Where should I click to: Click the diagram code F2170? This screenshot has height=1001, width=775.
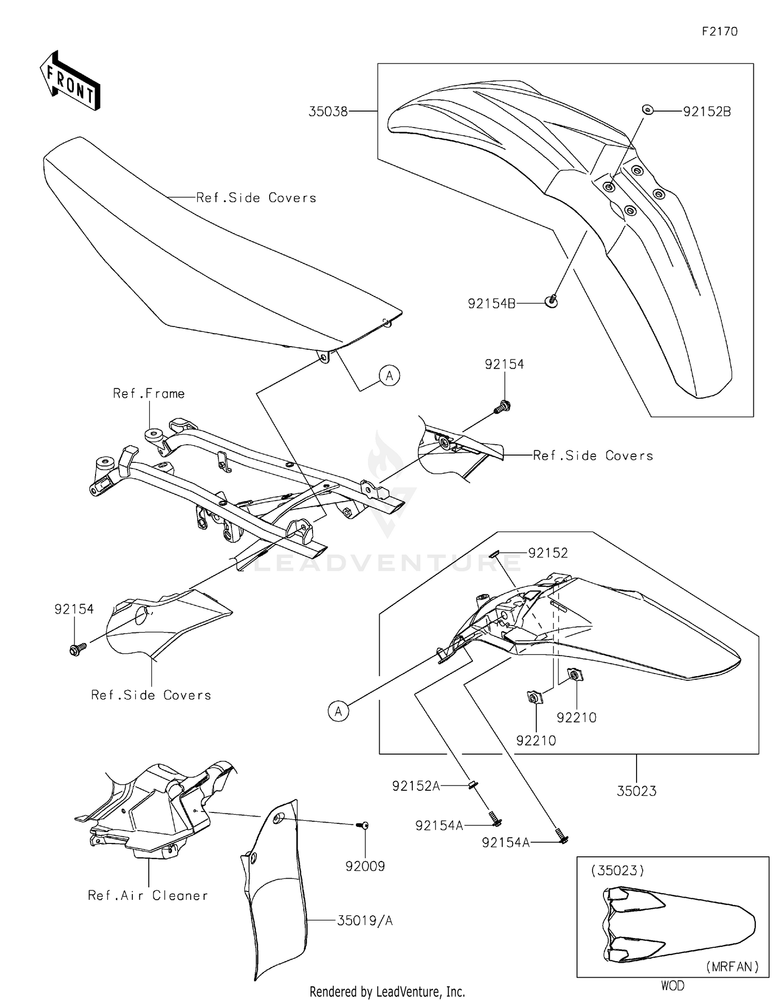[719, 32]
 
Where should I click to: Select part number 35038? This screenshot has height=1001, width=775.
[328, 111]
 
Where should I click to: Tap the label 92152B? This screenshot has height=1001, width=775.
[706, 112]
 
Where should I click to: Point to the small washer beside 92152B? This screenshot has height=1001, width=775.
[647, 110]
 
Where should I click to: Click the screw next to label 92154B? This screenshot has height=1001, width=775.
[551, 301]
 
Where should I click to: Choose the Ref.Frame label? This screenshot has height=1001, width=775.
[149, 394]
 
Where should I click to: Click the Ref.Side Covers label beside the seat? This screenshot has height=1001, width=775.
[256, 198]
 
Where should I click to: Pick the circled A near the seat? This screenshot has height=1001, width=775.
[390, 376]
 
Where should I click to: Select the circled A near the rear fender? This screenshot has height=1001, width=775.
[338, 711]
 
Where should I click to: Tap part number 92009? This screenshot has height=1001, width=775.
[365, 866]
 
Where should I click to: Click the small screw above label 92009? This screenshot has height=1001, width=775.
[363, 825]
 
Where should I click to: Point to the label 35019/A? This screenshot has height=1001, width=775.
[365, 920]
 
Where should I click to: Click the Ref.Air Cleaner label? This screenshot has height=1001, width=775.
[148, 895]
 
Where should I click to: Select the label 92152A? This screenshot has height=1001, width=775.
[416, 786]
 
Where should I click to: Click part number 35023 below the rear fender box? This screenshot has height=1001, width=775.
[636, 791]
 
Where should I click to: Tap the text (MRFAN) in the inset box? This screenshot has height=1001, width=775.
[732, 966]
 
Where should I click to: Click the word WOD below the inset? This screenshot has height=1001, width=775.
[672, 986]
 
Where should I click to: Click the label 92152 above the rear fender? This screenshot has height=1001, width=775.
[548, 553]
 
